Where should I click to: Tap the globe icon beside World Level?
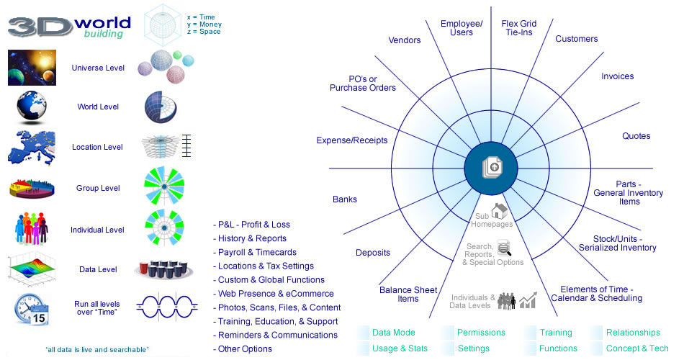(32, 107)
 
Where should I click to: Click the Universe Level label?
(98, 68)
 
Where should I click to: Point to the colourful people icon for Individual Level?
(32, 228)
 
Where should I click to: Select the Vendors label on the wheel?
(405, 40)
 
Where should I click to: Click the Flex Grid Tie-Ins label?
(518, 28)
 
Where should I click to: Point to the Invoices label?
(617, 76)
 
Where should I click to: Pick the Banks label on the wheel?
(345, 199)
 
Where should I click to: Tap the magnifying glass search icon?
(505, 249)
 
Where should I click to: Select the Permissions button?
(482, 333)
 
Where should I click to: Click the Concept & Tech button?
(636, 348)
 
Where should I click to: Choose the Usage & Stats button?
(400, 348)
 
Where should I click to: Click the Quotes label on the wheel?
(636, 136)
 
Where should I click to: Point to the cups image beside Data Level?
(164, 269)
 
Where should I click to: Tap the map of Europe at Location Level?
(32, 146)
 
